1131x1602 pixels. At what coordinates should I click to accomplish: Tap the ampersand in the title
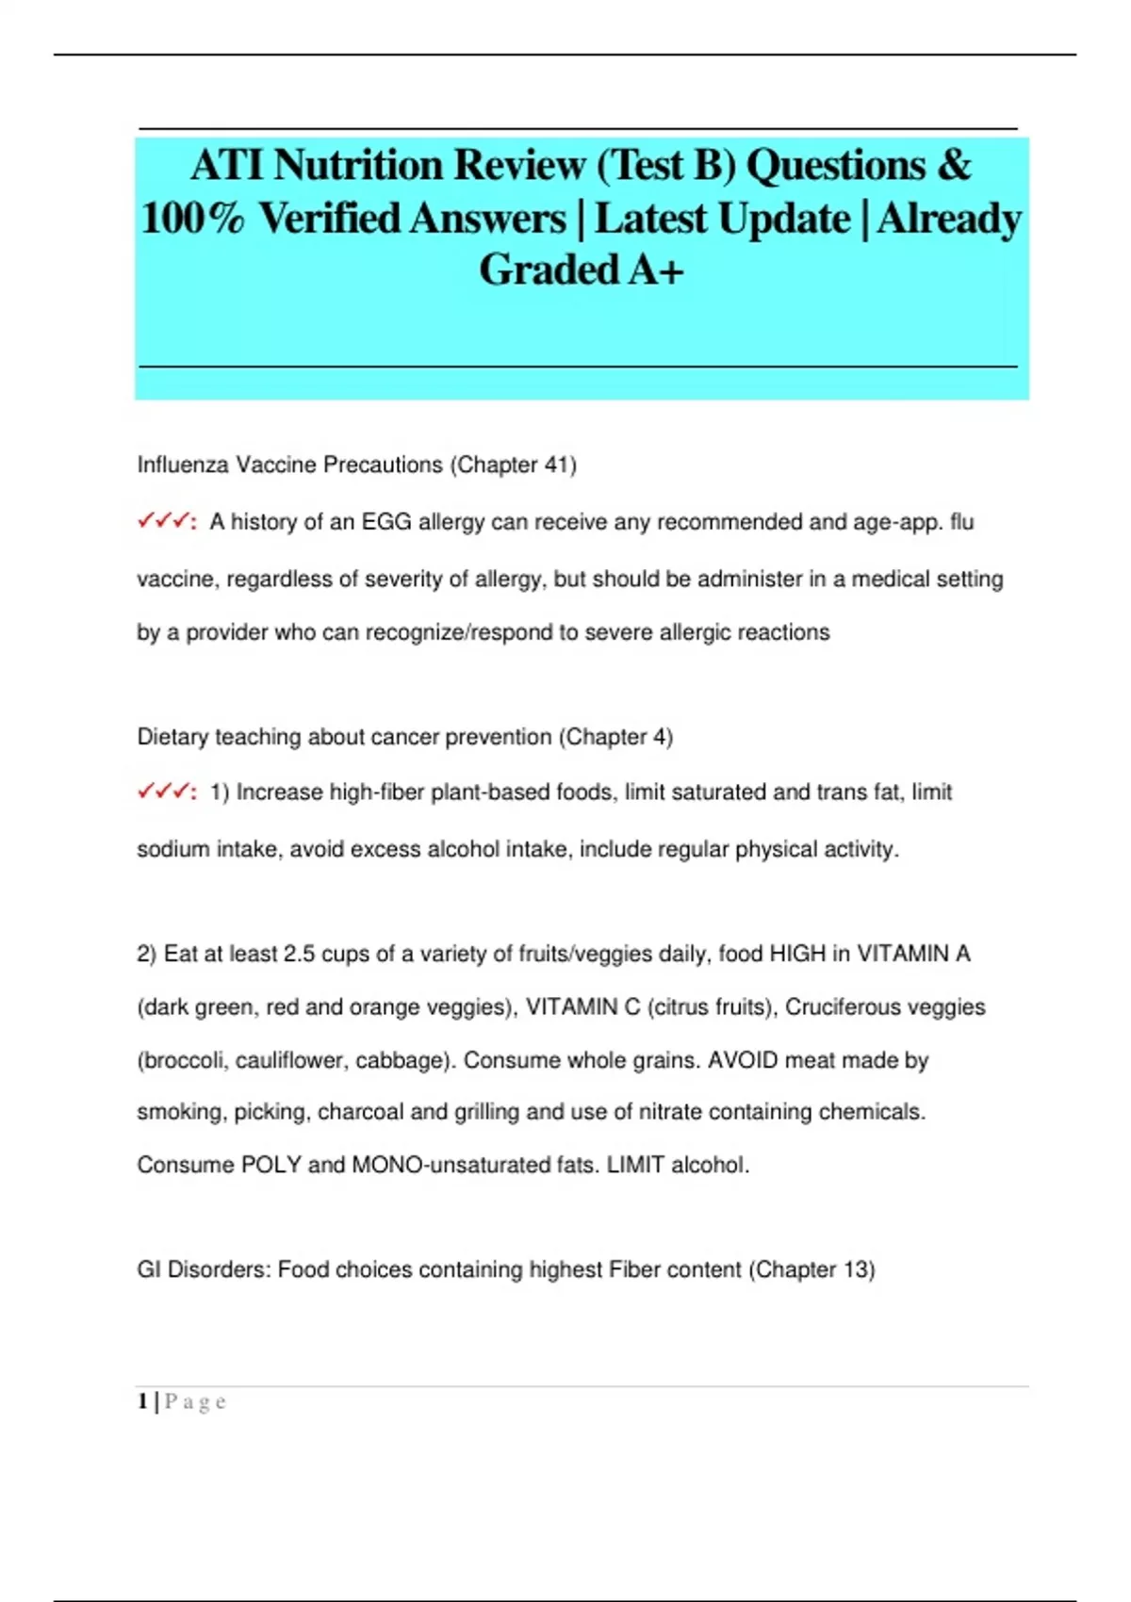(x=954, y=166)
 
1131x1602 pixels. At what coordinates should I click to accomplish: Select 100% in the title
(x=192, y=219)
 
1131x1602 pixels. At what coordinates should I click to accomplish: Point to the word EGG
(x=386, y=522)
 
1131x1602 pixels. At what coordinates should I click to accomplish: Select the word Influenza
(x=183, y=465)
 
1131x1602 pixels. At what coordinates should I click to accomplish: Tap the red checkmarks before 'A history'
(x=165, y=521)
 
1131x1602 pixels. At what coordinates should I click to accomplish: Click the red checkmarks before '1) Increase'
(x=165, y=792)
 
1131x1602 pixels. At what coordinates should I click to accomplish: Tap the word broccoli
(x=184, y=1060)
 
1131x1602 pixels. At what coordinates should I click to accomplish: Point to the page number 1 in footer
(x=142, y=1401)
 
